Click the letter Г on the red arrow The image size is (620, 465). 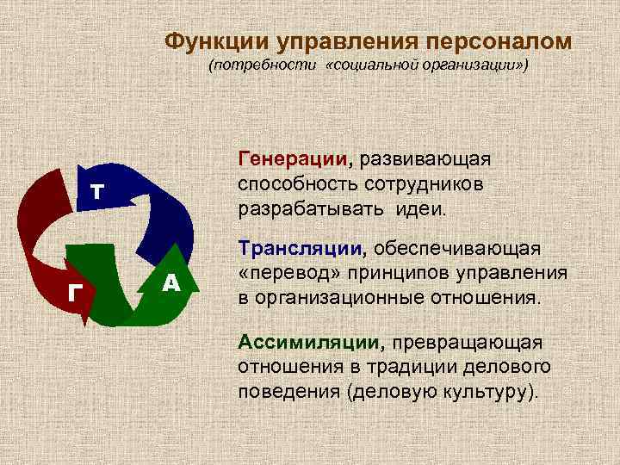(76, 293)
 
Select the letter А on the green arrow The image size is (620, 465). (170, 282)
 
